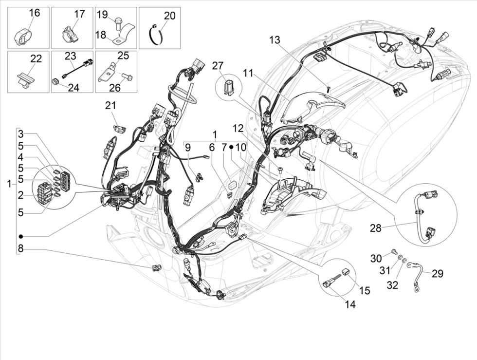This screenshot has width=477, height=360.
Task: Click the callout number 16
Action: [x=34, y=13]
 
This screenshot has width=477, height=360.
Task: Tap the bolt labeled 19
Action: [x=118, y=21]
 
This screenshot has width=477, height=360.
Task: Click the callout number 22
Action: [x=36, y=58]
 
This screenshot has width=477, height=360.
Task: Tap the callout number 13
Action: [x=275, y=40]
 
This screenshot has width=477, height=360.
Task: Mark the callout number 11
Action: [x=249, y=73]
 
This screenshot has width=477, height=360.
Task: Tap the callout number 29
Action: [x=437, y=274]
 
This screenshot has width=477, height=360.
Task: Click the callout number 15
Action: [x=364, y=291]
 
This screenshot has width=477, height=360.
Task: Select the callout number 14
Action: [x=350, y=304]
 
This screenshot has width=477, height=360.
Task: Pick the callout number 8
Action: [x=20, y=249]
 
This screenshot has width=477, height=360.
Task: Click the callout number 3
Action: [x=20, y=134]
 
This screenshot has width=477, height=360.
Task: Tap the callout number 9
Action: [x=187, y=146]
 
